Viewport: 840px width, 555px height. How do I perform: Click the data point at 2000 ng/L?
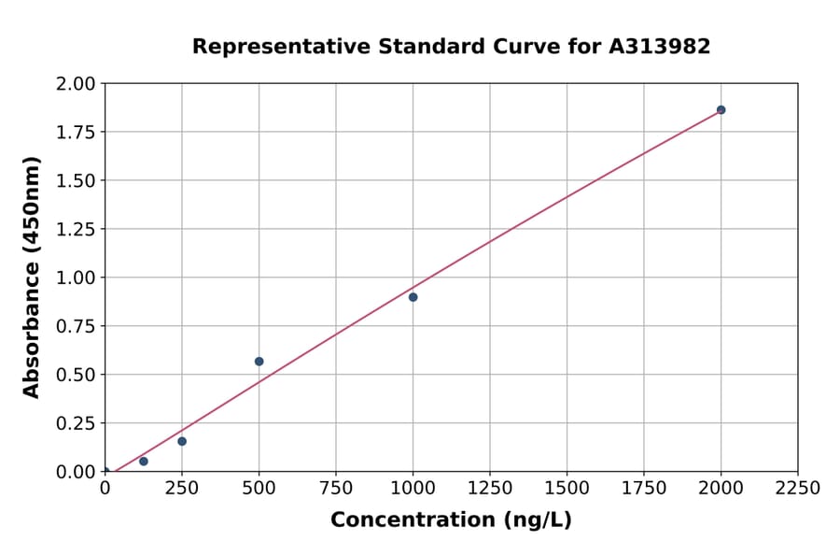(721, 109)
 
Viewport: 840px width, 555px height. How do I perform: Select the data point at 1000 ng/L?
(413, 297)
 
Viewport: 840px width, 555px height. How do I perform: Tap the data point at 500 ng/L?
(259, 362)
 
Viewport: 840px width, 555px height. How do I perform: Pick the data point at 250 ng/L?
(182, 441)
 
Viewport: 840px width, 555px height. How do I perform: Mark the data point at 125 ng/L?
(143, 462)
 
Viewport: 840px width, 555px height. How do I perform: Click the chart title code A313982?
(661, 47)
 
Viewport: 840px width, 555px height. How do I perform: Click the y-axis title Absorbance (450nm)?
(32, 277)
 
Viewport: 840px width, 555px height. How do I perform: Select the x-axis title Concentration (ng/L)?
(451, 520)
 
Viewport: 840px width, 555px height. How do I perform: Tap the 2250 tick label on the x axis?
(798, 489)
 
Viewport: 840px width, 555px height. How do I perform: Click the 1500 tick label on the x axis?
(567, 489)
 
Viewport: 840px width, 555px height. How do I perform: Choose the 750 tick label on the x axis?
(336, 489)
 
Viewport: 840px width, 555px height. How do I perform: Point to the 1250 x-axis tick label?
(490, 489)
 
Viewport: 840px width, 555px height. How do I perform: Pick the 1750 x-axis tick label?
(644, 489)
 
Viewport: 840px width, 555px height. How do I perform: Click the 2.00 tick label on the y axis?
(77, 84)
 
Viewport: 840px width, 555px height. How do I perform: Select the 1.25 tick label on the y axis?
(77, 229)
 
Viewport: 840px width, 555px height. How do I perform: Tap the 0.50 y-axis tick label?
(77, 375)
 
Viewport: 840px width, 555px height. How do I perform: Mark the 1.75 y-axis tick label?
(77, 132)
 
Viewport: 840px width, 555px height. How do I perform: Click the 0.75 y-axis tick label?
(77, 326)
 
